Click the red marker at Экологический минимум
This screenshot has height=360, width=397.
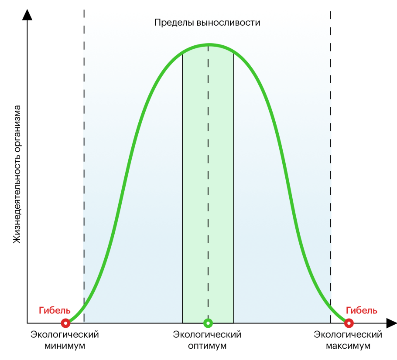pos(65,323)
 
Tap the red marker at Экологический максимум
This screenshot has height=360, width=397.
pos(349,323)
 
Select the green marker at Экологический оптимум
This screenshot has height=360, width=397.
pos(208,323)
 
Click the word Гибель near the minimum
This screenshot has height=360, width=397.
pos(55,311)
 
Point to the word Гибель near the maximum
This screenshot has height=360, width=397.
pos(362,311)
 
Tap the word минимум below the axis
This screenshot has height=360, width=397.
pos(65,346)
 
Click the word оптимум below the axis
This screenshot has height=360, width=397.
pos(208,346)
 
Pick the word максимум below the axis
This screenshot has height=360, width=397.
pos(348,346)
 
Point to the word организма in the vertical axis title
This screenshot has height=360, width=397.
pos(17,126)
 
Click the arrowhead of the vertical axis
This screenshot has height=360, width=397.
pos(27,14)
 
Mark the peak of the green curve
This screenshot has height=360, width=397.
pos(209,45)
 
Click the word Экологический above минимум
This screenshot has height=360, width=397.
pos(65,335)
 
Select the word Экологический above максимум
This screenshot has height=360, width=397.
pos(348,335)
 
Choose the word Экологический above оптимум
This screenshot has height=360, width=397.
pos(207,335)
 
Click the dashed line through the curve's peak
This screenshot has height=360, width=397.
pos(208,174)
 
